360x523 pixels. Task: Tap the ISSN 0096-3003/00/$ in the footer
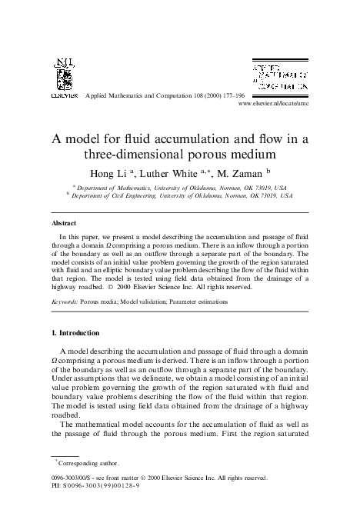pos(75,478)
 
